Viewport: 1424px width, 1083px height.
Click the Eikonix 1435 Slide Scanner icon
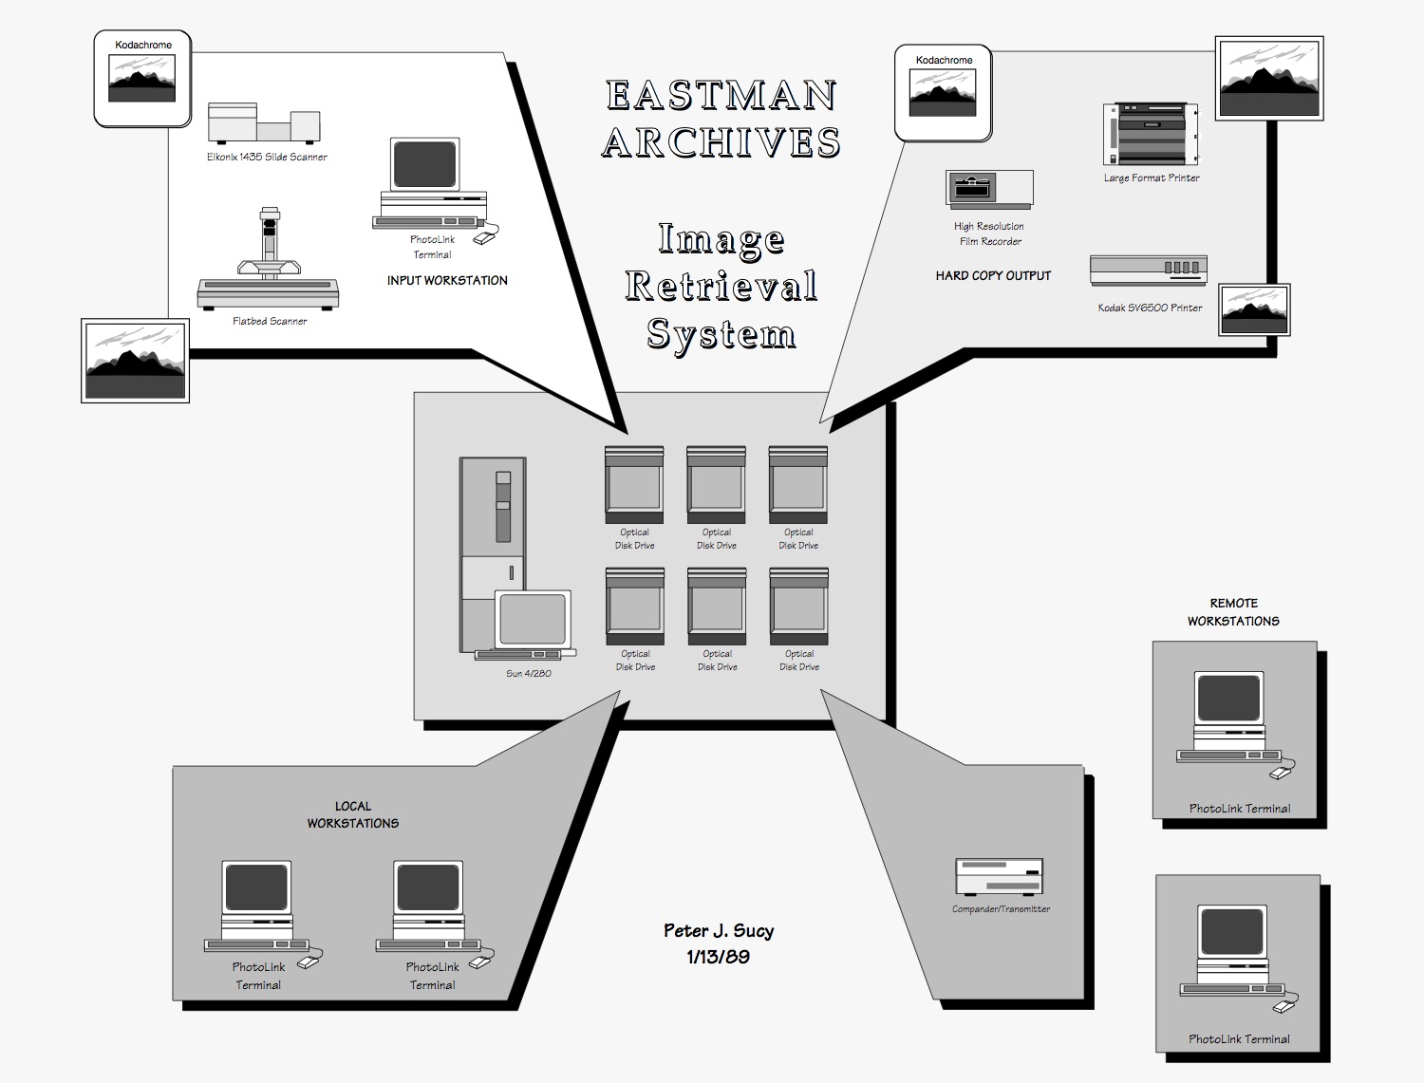[263, 123]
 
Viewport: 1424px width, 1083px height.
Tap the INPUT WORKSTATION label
[447, 280]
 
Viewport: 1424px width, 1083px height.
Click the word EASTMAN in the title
[721, 96]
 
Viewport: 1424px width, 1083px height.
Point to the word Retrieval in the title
[721, 286]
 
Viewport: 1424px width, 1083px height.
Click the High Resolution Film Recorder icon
[989, 189]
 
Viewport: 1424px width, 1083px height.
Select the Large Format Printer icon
[1146, 135]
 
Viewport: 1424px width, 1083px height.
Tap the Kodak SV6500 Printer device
[1148, 270]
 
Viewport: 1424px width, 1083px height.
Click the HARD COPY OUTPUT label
[993, 276]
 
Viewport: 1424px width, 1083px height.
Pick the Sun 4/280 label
[529, 673]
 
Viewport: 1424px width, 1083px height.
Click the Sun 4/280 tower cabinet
[493, 532]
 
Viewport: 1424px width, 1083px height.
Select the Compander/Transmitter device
[999, 876]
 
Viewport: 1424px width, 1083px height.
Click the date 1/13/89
[718, 957]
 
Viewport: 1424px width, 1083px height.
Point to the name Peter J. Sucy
[719, 930]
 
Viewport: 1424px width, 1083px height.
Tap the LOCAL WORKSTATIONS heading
[352, 814]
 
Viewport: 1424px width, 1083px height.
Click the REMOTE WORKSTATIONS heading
[1233, 612]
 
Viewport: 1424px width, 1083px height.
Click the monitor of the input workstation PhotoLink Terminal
[424, 164]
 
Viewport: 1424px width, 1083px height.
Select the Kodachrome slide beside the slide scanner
[142, 79]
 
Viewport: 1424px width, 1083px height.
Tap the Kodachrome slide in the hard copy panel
[943, 93]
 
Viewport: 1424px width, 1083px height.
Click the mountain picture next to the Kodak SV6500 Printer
[1254, 309]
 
